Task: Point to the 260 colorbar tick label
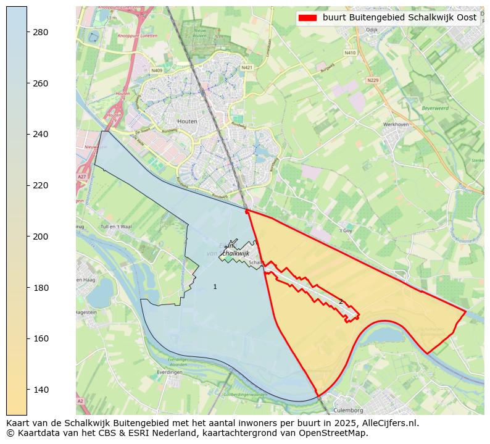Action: (41, 83)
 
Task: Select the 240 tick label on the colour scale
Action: (41, 135)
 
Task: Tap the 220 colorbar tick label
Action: (41, 185)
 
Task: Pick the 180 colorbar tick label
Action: (41, 288)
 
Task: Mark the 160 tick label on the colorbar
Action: (41, 339)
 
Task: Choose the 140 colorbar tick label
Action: (41, 390)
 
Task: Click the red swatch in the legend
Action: (307, 18)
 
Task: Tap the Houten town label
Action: (187, 122)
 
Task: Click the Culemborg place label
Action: (348, 410)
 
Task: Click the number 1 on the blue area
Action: (215, 287)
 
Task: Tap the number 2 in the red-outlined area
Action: (341, 302)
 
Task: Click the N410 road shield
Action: (351, 53)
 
